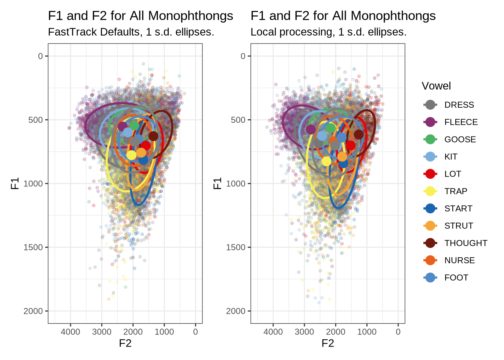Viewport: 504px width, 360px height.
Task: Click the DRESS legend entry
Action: [x=459, y=105]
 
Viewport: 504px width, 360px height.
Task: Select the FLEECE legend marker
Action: [x=430, y=122]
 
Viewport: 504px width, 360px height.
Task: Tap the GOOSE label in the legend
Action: [x=460, y=139]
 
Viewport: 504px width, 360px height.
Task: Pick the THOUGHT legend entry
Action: [x=466, y=243]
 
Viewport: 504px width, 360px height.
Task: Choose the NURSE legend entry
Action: [x=459, y=260]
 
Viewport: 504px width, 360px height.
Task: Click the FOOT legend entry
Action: [x=456, y=277]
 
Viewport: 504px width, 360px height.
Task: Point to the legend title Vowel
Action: [x=436, y=86]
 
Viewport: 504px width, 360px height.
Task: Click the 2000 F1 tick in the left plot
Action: [x=33, y=311]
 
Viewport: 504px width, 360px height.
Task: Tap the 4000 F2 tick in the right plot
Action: [x=273, y=332]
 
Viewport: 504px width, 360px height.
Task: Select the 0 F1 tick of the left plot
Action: [x=40, y=56]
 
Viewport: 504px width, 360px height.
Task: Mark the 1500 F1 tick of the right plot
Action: [x=236, y=247]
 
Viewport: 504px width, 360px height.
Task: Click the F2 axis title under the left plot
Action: [x=125, y=343]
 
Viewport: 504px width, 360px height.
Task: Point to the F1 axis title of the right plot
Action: [x=217, y=183]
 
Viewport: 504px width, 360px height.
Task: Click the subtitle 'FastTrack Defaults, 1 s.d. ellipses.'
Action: [x=131, y=32]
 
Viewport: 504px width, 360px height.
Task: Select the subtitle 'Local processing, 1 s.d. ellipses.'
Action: [x=328, y=32]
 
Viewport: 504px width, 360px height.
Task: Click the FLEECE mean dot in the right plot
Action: [x=311, y=129]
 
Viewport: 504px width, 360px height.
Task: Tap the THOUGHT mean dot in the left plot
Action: [x=153, y=136]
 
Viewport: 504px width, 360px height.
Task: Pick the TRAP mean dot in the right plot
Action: [x=327, y=161]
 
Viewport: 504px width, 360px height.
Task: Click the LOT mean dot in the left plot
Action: [x=145, y=146]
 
